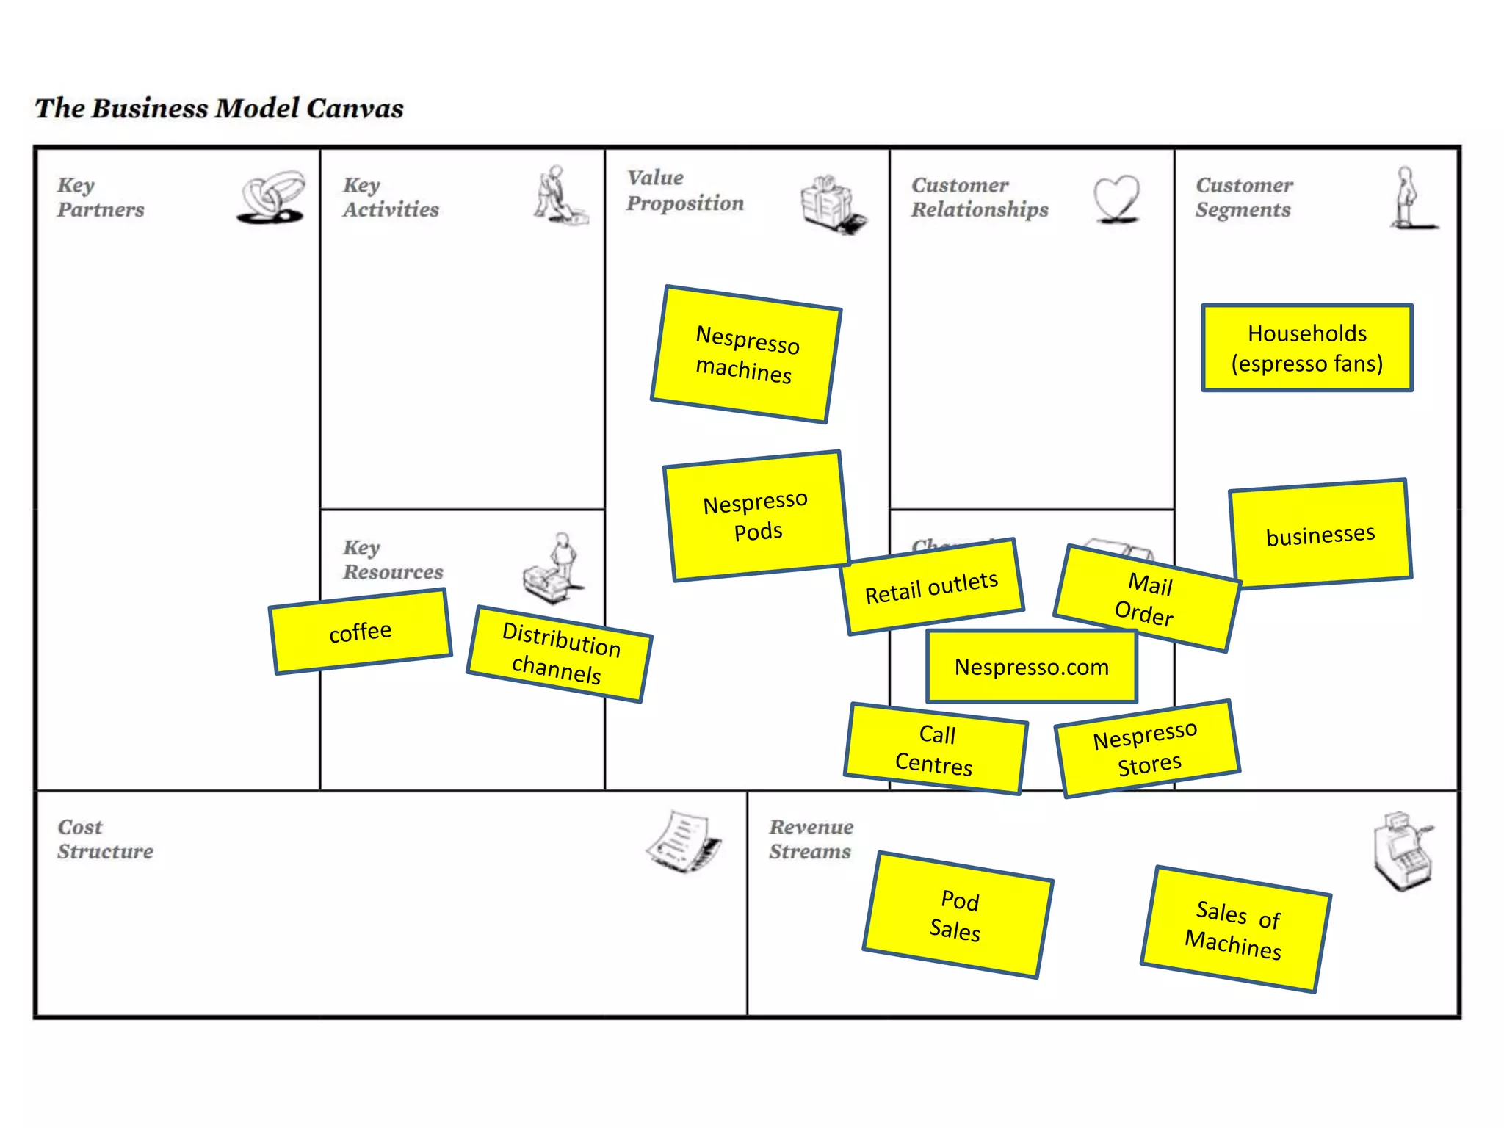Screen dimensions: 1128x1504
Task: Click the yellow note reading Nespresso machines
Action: [745, 354]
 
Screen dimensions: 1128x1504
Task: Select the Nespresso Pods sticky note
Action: [756, 516]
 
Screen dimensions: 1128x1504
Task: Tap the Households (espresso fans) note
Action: [1307, 348]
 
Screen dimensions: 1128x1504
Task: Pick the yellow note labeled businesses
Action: [1320, 534]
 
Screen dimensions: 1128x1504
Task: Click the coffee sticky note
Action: [361, 632]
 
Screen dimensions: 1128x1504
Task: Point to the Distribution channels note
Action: [560, 653]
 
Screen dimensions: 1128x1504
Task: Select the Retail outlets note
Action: [933, 587]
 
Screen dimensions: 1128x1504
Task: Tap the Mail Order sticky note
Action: [1146, 598]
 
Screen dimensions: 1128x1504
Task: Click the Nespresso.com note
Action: [1032, 667]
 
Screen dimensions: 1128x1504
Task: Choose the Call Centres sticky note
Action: [935, 749]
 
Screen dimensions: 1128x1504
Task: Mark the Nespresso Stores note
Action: [1147, 748]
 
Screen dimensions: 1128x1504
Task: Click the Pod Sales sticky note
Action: [958, 915]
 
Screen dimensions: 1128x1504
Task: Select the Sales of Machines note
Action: [1235, 930]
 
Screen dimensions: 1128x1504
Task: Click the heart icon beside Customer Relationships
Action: [1116, 198]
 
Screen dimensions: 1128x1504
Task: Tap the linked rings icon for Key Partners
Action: [272, 197]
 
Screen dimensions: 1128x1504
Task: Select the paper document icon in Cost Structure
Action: [684, 842]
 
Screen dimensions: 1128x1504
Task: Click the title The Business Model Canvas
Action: [219, 109]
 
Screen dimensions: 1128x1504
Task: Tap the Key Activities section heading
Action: [391, 197]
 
